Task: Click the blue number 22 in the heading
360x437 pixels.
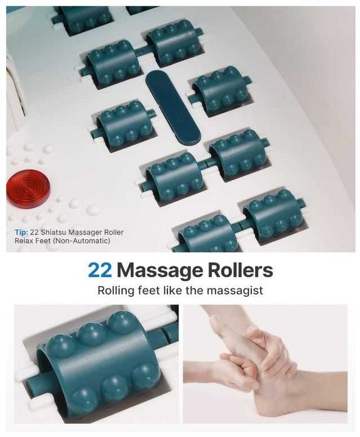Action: [x=100, y=270]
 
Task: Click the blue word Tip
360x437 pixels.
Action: [x=21, y=232]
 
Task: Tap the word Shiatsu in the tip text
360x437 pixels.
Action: [x=54, y=232]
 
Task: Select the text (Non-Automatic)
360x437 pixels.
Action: [x=81, y=240]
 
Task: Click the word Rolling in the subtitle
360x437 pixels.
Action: [x=116, y=291]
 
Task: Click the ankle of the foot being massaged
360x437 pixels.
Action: [x=321, y=390]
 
